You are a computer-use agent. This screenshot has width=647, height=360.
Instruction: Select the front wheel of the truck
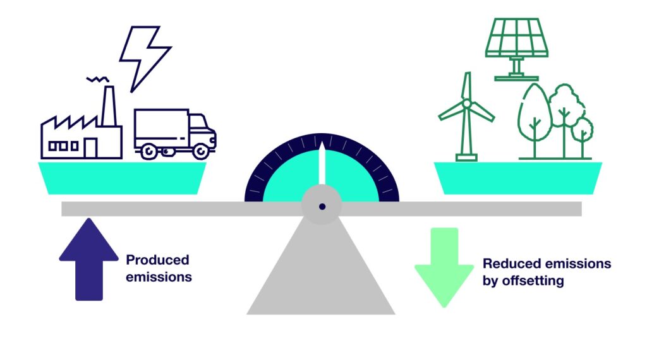201,152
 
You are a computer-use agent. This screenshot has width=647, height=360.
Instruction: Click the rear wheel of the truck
150,152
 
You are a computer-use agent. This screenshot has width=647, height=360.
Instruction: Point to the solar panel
516,36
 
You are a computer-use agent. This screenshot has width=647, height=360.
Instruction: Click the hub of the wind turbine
466,103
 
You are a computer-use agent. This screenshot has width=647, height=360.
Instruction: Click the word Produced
157,260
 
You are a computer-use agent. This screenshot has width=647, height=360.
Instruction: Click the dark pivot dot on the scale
322,206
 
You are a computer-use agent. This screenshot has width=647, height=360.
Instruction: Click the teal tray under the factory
123,177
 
